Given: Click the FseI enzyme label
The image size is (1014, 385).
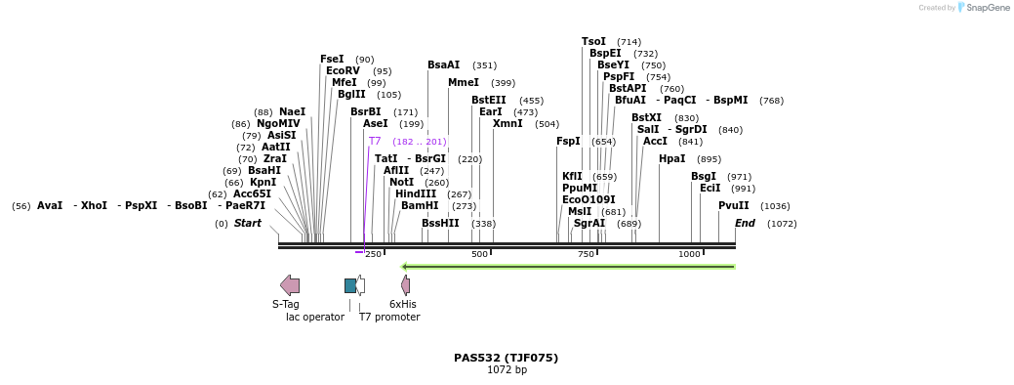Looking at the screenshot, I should (332, 59).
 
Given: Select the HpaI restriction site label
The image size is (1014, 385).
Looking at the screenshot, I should (672, 158).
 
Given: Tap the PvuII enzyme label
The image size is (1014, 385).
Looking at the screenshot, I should (733, 205).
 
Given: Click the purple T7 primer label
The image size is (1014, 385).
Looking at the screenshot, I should (375, 141).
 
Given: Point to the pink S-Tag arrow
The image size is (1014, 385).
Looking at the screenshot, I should (290, 284).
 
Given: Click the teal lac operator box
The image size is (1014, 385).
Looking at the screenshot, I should (350, 285).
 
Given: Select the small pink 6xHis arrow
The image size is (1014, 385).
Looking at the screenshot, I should (405, 284).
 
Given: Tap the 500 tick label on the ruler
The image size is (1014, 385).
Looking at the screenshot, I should (479, 254).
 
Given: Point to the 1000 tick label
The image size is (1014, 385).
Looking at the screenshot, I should (689, 254).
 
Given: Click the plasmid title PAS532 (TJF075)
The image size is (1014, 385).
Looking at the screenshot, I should (506, 358).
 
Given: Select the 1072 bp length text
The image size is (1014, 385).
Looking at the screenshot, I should (507, 369).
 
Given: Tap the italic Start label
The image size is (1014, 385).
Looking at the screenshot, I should (247, 223).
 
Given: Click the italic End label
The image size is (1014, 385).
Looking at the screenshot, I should (745, 223).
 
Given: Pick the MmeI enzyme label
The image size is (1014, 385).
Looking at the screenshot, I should (464, 82).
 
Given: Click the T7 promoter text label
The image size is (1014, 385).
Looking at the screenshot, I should (389, 317).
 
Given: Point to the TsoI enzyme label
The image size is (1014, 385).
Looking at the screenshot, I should (593, 41).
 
